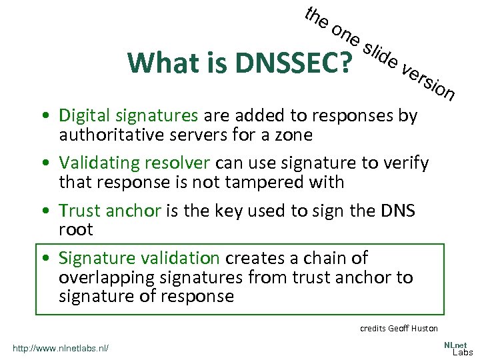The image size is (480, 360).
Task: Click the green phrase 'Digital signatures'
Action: tap(129, 115)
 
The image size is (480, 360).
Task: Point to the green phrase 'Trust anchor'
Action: tap(110, 211)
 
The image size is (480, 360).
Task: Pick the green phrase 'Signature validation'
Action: tap(139, 258)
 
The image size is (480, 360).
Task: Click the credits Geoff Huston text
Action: tap(399, 328)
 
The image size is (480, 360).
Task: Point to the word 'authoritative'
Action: tap(107, 135)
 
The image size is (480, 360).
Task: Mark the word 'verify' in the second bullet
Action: tap(407, 163)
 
